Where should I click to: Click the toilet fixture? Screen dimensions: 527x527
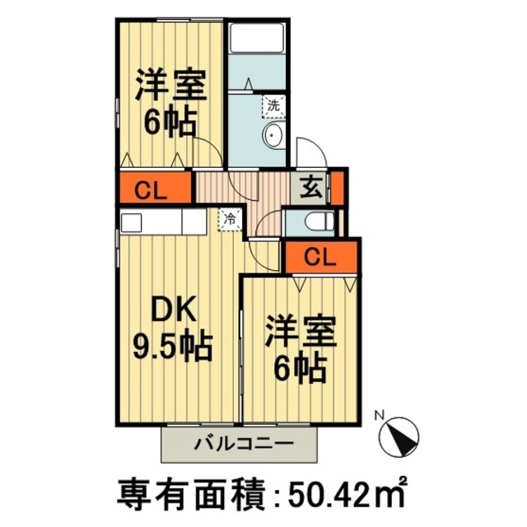[317, 222]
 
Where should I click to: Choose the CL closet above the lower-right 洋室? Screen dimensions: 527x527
[322, 257]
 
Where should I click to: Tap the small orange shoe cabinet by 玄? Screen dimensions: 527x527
[338, 189]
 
